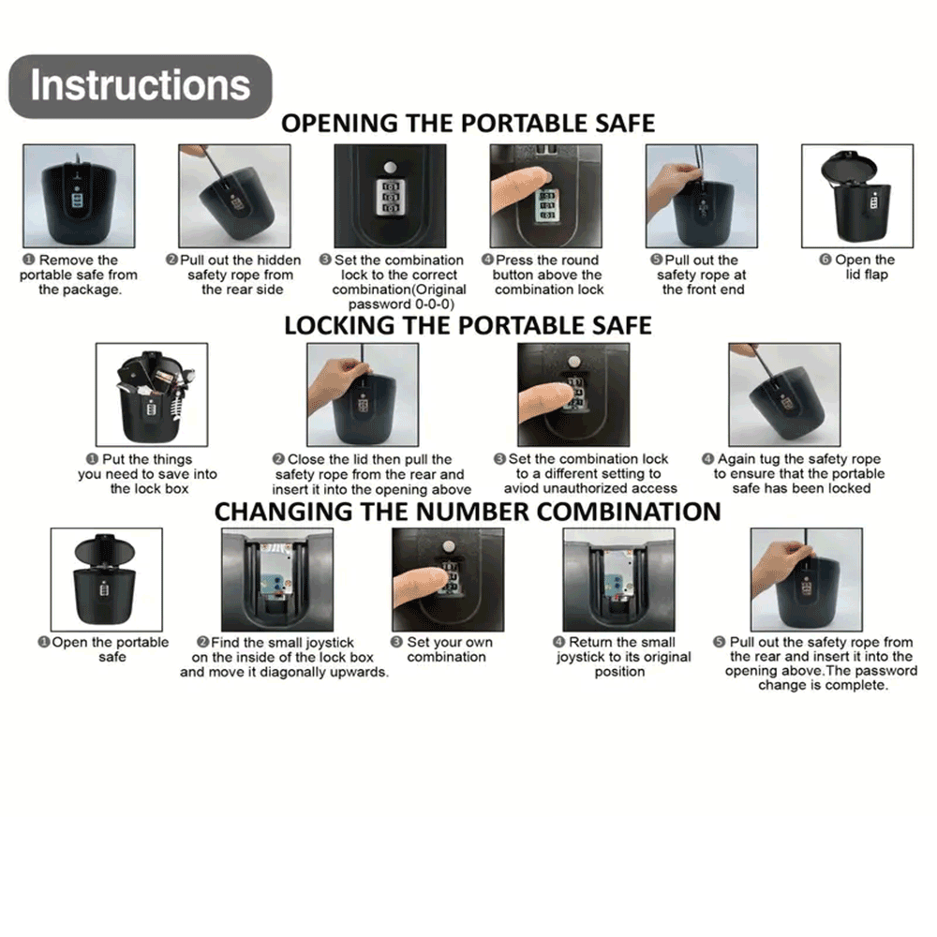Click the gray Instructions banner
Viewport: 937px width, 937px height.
(x=141, y=86)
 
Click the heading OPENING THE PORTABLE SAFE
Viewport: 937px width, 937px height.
(x=468, y=124)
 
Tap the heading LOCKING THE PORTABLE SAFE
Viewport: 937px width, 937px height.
(x=468, y=326)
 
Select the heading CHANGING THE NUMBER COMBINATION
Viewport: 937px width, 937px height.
(x=468, y=513)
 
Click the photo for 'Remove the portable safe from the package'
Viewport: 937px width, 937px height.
(x=79, y=196)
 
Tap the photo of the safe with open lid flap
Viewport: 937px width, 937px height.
(x=857, y=196)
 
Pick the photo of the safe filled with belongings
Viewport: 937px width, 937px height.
(x=152, y=394)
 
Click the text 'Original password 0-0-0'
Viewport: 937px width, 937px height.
(x=399, y=297)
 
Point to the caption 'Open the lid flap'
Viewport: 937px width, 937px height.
(x=857, y=267)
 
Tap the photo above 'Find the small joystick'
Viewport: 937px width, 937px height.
(x=277, y=580)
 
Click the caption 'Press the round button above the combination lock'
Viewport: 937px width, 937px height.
(x=543, y=275)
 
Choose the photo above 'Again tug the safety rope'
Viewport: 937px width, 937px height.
(x=784, y=394)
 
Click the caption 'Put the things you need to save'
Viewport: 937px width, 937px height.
(x=148, y=474)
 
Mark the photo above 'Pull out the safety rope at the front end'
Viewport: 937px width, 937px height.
(x=702, y=196)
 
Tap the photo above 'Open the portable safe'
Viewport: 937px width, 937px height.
(x=107, y=580)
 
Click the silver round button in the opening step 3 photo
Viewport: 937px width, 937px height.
(x=390, y=167)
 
